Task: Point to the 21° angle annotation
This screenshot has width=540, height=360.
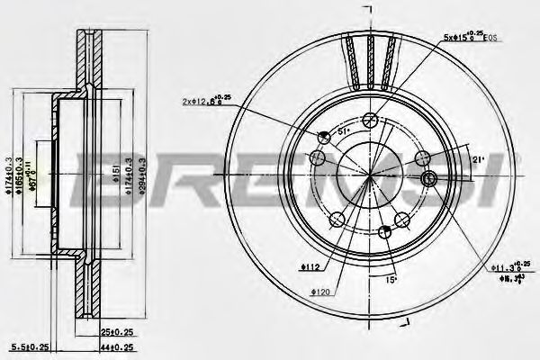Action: tap(478, 160)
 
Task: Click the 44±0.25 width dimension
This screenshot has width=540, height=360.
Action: tap(114, 347)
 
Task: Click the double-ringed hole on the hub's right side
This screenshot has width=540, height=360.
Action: tap(428, 180)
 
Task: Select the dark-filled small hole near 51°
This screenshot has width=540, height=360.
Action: tap(324, 136)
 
